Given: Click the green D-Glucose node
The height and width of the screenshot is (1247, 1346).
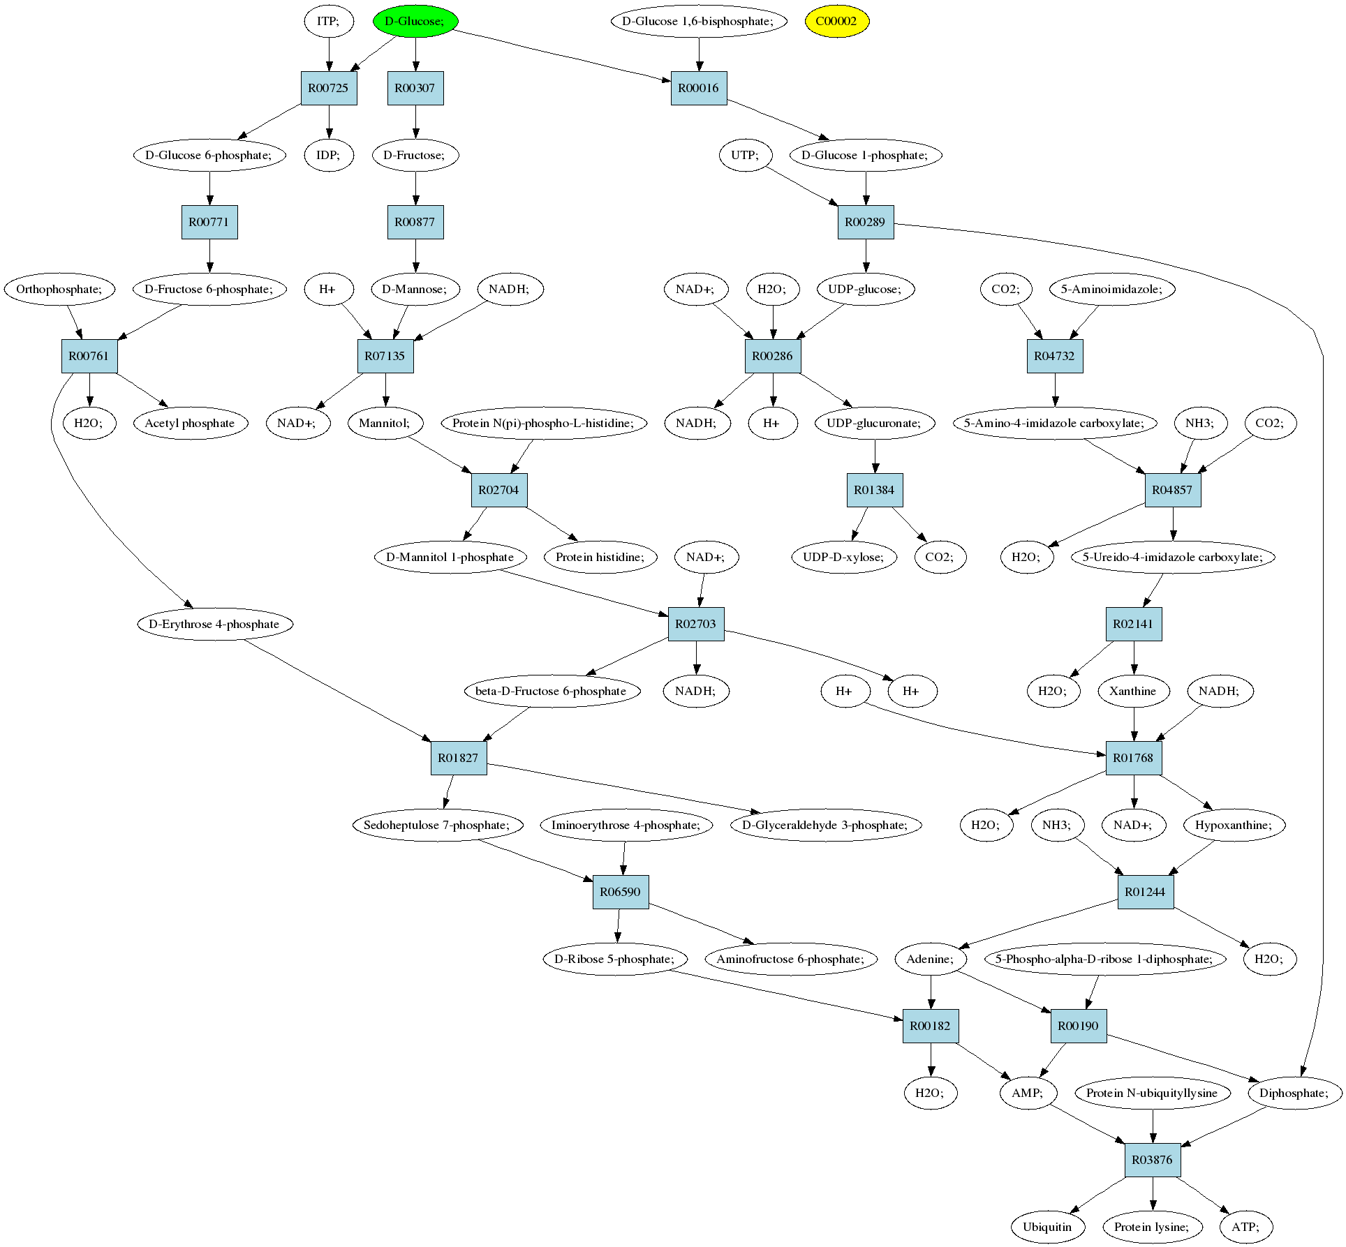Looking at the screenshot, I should (415, 21).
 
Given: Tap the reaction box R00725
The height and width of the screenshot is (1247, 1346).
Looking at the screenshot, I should (329, 88).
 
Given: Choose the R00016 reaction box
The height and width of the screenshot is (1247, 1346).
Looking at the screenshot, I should (698, 88).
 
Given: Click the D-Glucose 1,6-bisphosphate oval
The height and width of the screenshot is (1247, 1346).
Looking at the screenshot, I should (698, 21).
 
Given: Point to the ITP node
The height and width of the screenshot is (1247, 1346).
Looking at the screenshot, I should (328, 21).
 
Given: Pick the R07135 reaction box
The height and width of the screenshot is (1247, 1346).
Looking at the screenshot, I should (385, 356).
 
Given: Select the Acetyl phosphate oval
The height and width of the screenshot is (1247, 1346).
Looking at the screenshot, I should (189, 423).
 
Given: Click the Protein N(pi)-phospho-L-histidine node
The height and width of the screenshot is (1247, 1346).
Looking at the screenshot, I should (542, 423).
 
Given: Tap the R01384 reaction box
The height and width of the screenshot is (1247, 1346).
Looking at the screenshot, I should (874, 490).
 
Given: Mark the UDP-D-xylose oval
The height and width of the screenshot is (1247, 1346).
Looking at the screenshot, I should (843, 557).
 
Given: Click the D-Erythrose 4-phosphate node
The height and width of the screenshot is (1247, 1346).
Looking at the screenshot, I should (214, 624).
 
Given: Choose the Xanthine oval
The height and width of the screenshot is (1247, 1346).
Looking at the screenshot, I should (1132, 691).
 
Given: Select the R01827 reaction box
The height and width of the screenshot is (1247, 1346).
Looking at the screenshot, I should (458, 758).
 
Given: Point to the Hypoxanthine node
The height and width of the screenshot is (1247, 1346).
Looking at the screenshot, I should (1233, 825).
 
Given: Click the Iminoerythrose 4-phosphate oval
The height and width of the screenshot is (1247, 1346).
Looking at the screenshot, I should (626, 825).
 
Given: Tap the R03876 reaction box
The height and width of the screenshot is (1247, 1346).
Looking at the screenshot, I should (1152, 1160).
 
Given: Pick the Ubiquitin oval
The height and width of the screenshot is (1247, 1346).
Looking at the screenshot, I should (1047, 1227).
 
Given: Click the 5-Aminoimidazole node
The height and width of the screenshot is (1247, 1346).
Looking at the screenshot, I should (1111, 289).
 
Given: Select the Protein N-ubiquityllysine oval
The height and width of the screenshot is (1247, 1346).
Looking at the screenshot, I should (1151, 1093).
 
